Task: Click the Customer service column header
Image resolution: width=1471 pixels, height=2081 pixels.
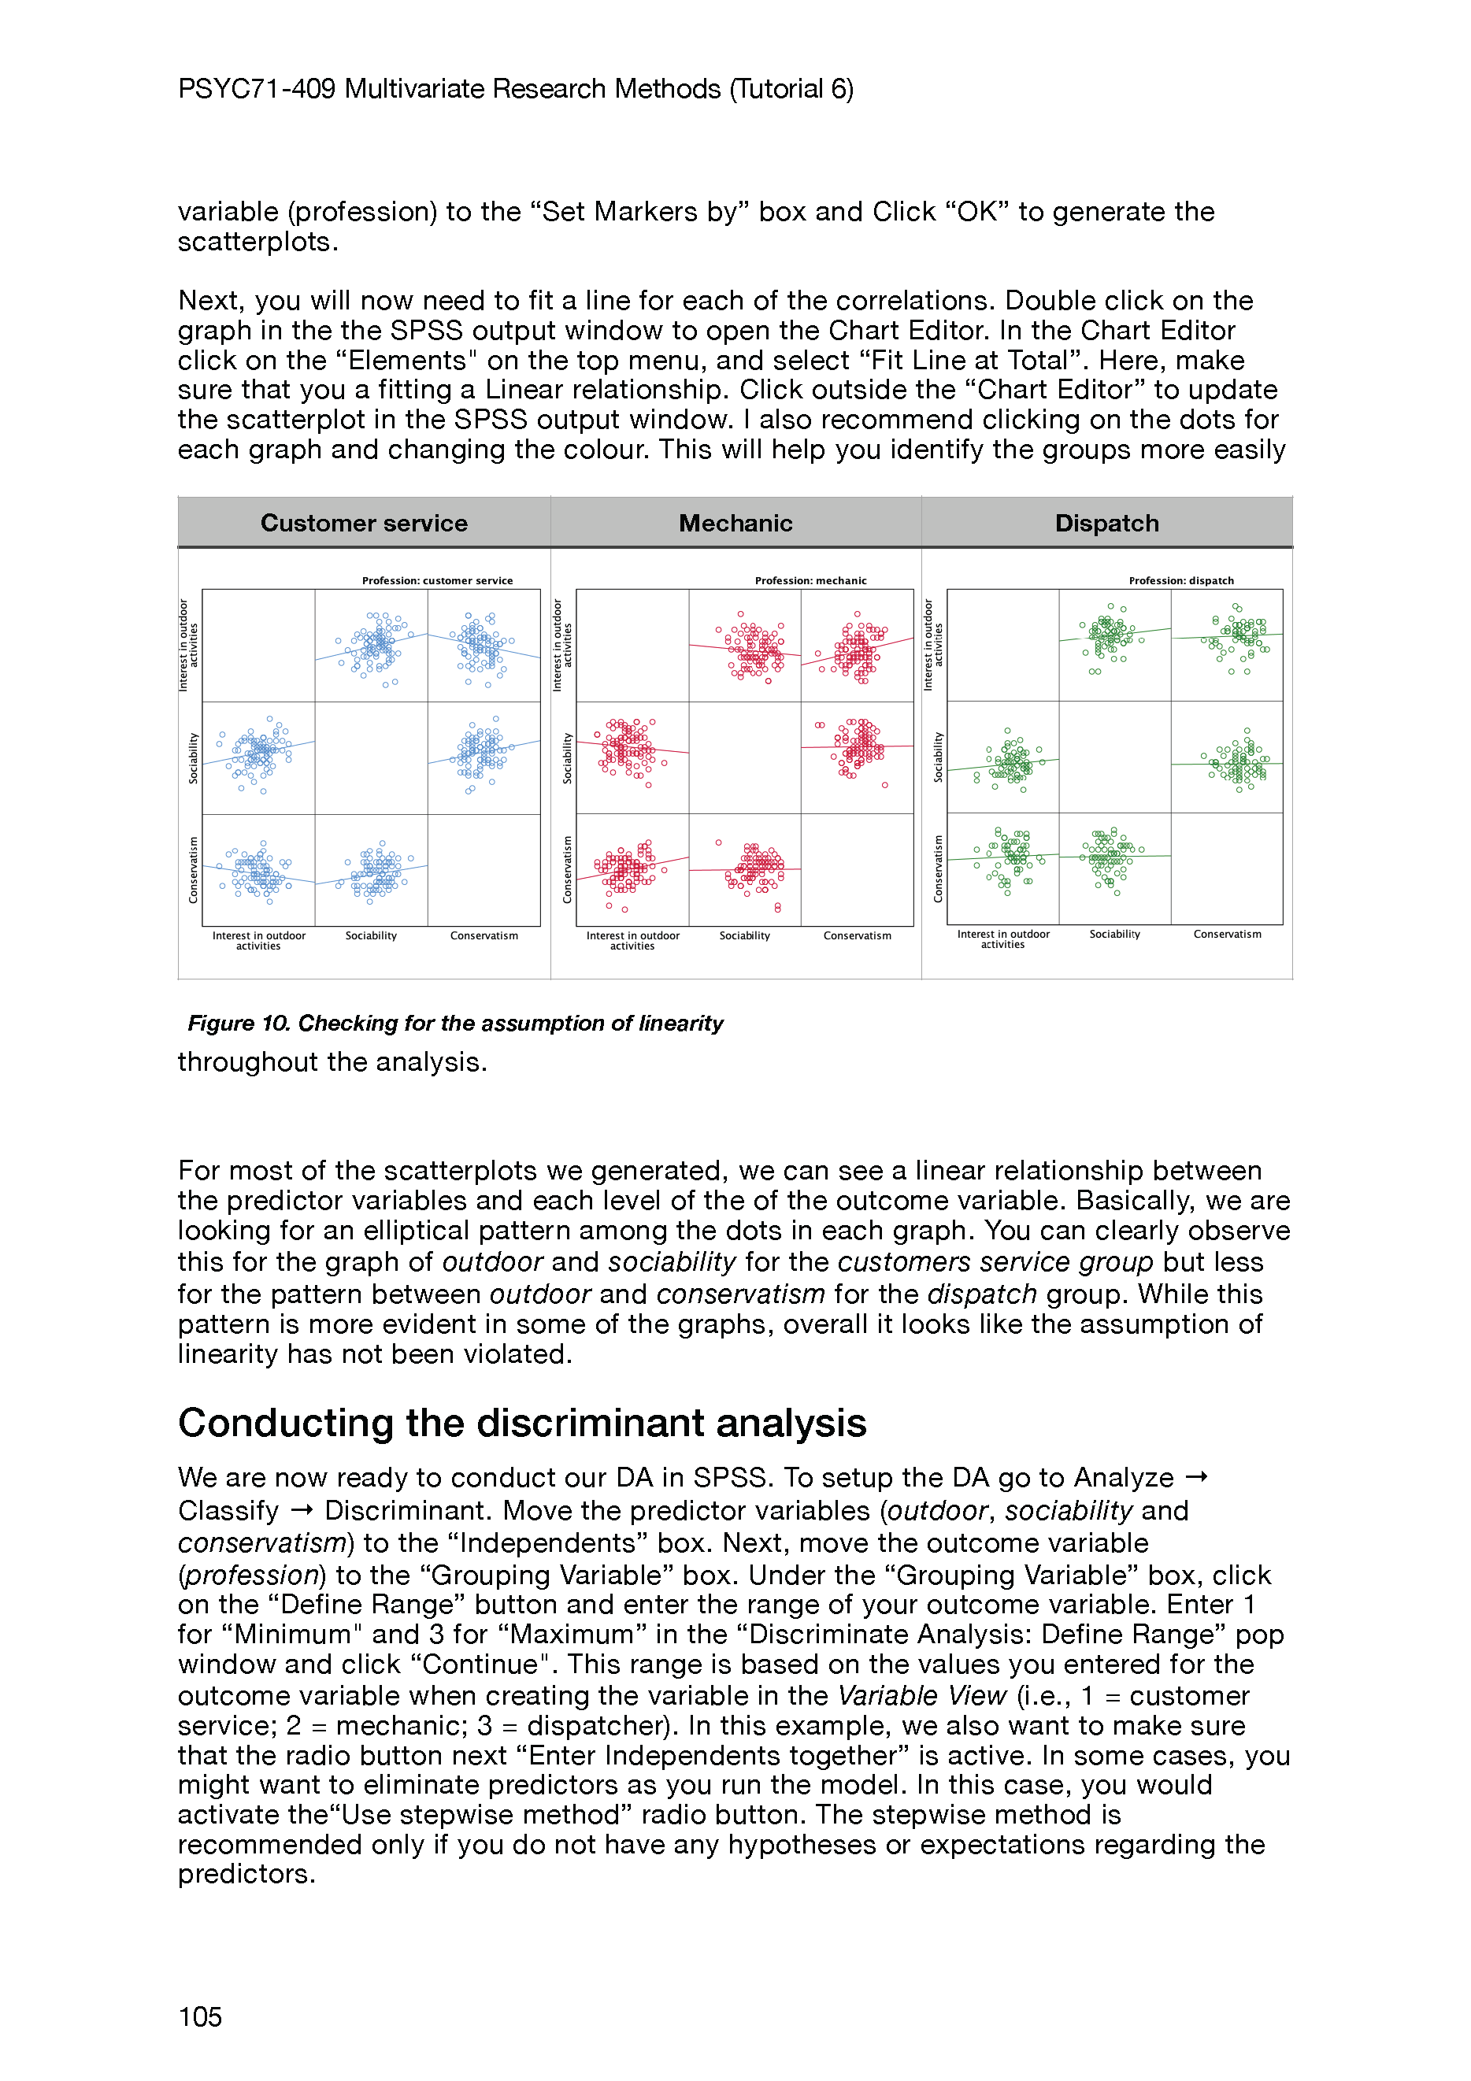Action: [364, 523]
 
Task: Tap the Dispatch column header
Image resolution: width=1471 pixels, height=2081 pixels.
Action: [1106, 523]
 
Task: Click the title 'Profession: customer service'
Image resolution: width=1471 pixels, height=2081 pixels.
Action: [437, 580]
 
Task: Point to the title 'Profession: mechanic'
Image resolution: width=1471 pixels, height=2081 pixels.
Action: [810, 580]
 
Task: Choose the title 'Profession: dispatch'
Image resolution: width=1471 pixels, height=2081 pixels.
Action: [1181, 580]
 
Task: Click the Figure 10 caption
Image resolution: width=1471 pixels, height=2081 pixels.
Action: [455, 1024]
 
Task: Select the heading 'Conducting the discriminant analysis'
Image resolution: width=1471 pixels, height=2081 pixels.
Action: [522, 1423]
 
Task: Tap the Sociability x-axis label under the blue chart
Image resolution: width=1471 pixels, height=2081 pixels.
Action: [371, 935]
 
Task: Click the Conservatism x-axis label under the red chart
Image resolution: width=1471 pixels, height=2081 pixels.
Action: [857, 935]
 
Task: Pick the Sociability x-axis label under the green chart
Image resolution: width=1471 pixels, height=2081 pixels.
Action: [1115, 934]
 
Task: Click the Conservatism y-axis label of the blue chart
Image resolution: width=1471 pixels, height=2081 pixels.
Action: [193, 869]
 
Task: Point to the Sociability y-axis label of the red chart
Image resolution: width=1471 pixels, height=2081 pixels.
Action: [567, 757]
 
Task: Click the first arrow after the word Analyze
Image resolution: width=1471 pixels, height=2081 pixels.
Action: [1196, 1477]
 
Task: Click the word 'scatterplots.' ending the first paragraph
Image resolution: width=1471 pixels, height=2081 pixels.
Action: [258, 242]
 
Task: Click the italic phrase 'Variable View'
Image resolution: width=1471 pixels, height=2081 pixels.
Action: [922, 1695]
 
